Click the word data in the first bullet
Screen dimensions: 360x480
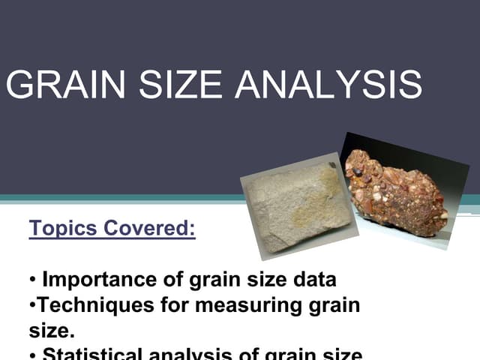[311, 280]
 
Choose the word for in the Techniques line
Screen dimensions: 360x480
[172, 305]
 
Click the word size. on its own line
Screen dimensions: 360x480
[48, 330]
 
